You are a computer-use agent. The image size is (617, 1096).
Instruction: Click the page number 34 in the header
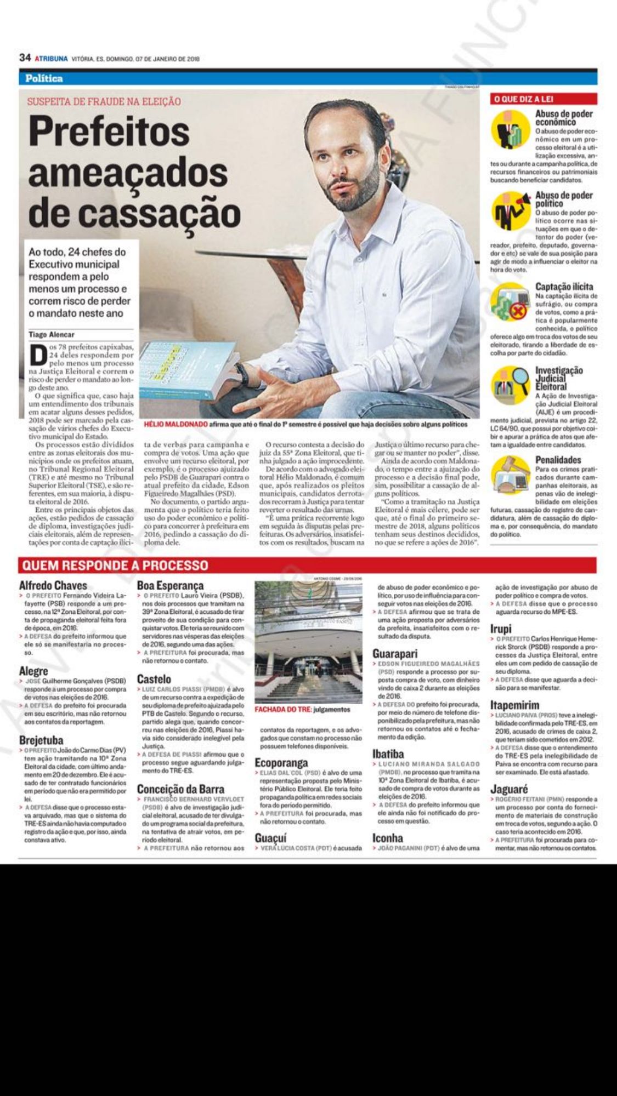24,58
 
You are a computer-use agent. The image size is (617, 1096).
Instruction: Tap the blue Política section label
44,78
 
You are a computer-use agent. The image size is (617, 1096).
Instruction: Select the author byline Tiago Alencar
52,334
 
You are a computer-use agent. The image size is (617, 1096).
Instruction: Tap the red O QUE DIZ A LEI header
523,99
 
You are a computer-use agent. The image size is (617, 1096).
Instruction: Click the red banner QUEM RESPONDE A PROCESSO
114,565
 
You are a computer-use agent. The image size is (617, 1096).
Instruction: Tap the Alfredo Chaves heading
53,585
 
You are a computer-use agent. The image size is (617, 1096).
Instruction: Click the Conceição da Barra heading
180,789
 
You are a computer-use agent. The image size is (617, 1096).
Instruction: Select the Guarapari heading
395,654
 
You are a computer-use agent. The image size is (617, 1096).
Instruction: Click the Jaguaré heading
510,790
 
